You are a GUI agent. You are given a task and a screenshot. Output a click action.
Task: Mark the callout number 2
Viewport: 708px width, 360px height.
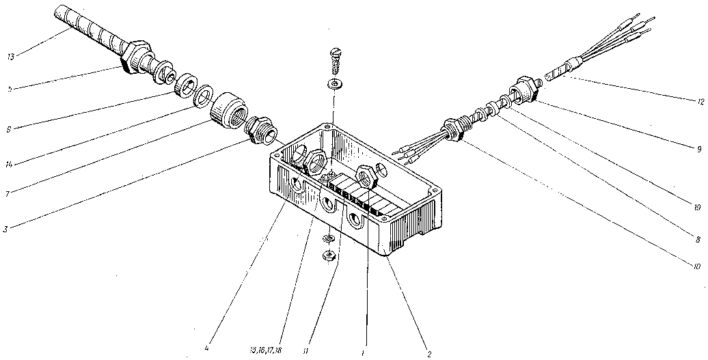pyautogui.click(x=428, y=354)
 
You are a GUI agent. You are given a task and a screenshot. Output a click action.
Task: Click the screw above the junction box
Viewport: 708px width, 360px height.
pyautogui.click(x=334, y=62)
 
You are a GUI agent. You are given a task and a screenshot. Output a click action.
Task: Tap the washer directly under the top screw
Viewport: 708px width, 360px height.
pyautogui.click(x=334, y=84)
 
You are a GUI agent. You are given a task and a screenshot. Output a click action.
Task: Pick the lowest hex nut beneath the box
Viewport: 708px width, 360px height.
pyautogui.click(x=328, y=256)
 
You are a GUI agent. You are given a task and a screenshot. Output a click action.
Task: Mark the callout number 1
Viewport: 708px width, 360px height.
pyautogui.click(x=365, y=352)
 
